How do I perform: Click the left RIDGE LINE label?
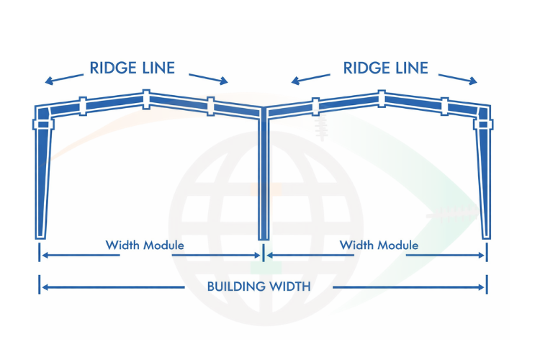coord(132,68)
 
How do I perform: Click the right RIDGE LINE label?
coord(386,68)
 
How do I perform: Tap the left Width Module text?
coord(145,246)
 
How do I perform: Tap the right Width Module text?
coord(379,246)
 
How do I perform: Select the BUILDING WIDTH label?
coord(259,287)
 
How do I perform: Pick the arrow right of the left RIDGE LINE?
coord(208,77)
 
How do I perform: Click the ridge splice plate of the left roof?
coord(147,99)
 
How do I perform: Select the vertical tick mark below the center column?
coord(264,253)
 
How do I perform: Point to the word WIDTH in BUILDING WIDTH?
coord(287,287)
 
